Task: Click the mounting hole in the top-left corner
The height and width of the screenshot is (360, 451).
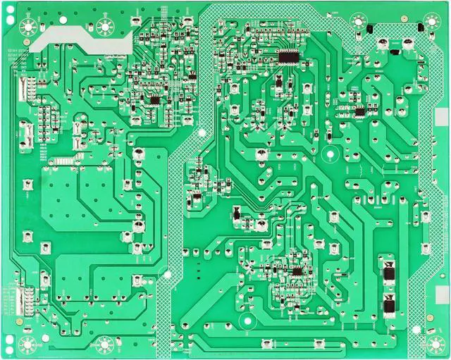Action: click(29, 27)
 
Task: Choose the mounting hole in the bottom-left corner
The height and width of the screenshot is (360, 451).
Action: click(29, 345)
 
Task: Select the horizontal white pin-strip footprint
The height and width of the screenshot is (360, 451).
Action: click(63, 161)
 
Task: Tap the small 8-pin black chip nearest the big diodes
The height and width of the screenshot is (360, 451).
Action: click(297, 271)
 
